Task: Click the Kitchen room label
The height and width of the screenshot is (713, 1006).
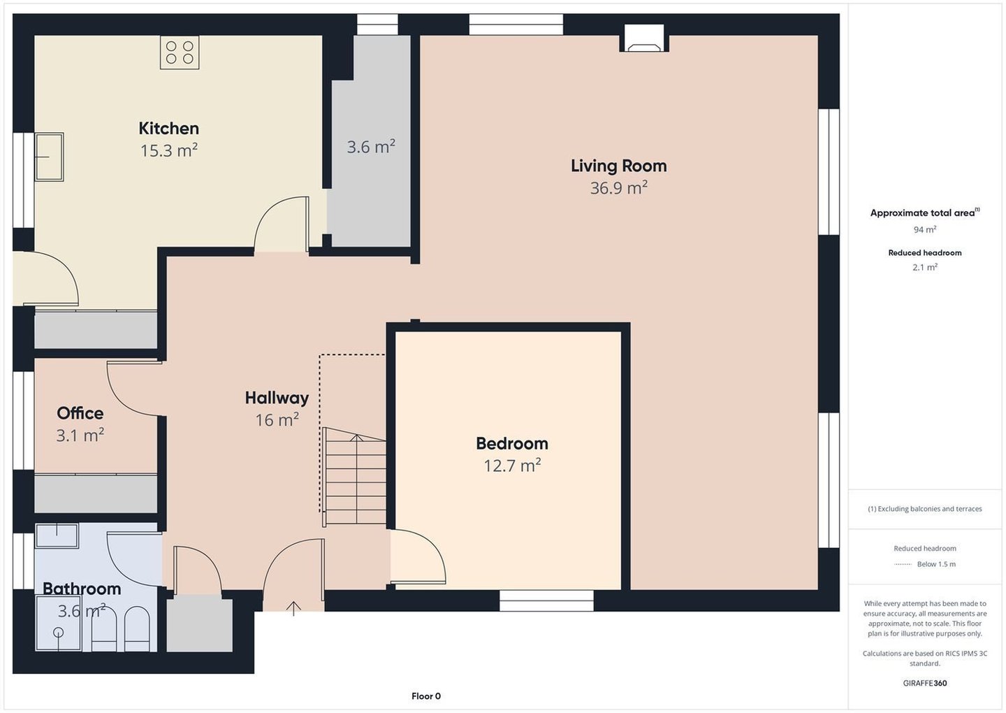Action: (x=168, y=129)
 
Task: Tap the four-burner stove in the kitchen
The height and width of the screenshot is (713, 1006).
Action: (x=180, y=52)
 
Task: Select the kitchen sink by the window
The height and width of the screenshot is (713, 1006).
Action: (x=49, y=157)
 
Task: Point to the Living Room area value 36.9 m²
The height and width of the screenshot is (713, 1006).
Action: (x=618, y=188)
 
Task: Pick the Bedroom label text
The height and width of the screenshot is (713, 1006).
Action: (x=512, y=443)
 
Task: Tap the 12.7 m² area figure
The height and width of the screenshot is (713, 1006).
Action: (x=512, y=466)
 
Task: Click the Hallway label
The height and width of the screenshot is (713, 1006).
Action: (x=277, y=398)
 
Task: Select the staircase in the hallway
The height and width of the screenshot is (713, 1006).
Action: (x=354, y=476)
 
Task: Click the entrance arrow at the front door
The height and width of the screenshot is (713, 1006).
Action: (x=293, y=608)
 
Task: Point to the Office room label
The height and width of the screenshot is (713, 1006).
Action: (x=80, y=413)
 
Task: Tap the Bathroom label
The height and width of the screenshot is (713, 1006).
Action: (x=82, y=589)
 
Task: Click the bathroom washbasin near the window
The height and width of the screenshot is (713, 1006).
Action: (x=57, y=535)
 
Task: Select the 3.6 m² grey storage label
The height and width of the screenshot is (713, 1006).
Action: (x=371, y=147)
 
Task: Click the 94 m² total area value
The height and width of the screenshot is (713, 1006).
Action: (x=925, y=229)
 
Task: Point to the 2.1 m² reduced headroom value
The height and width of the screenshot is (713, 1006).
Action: (x=925, y=267)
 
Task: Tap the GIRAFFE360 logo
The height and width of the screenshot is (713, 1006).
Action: (x=925, y=684)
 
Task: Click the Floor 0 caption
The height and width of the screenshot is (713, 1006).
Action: (x=426, y=696)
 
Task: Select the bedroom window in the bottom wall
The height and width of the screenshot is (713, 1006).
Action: (x=546, y=600)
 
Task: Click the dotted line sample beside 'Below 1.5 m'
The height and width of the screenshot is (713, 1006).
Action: (x=903, y=564)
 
